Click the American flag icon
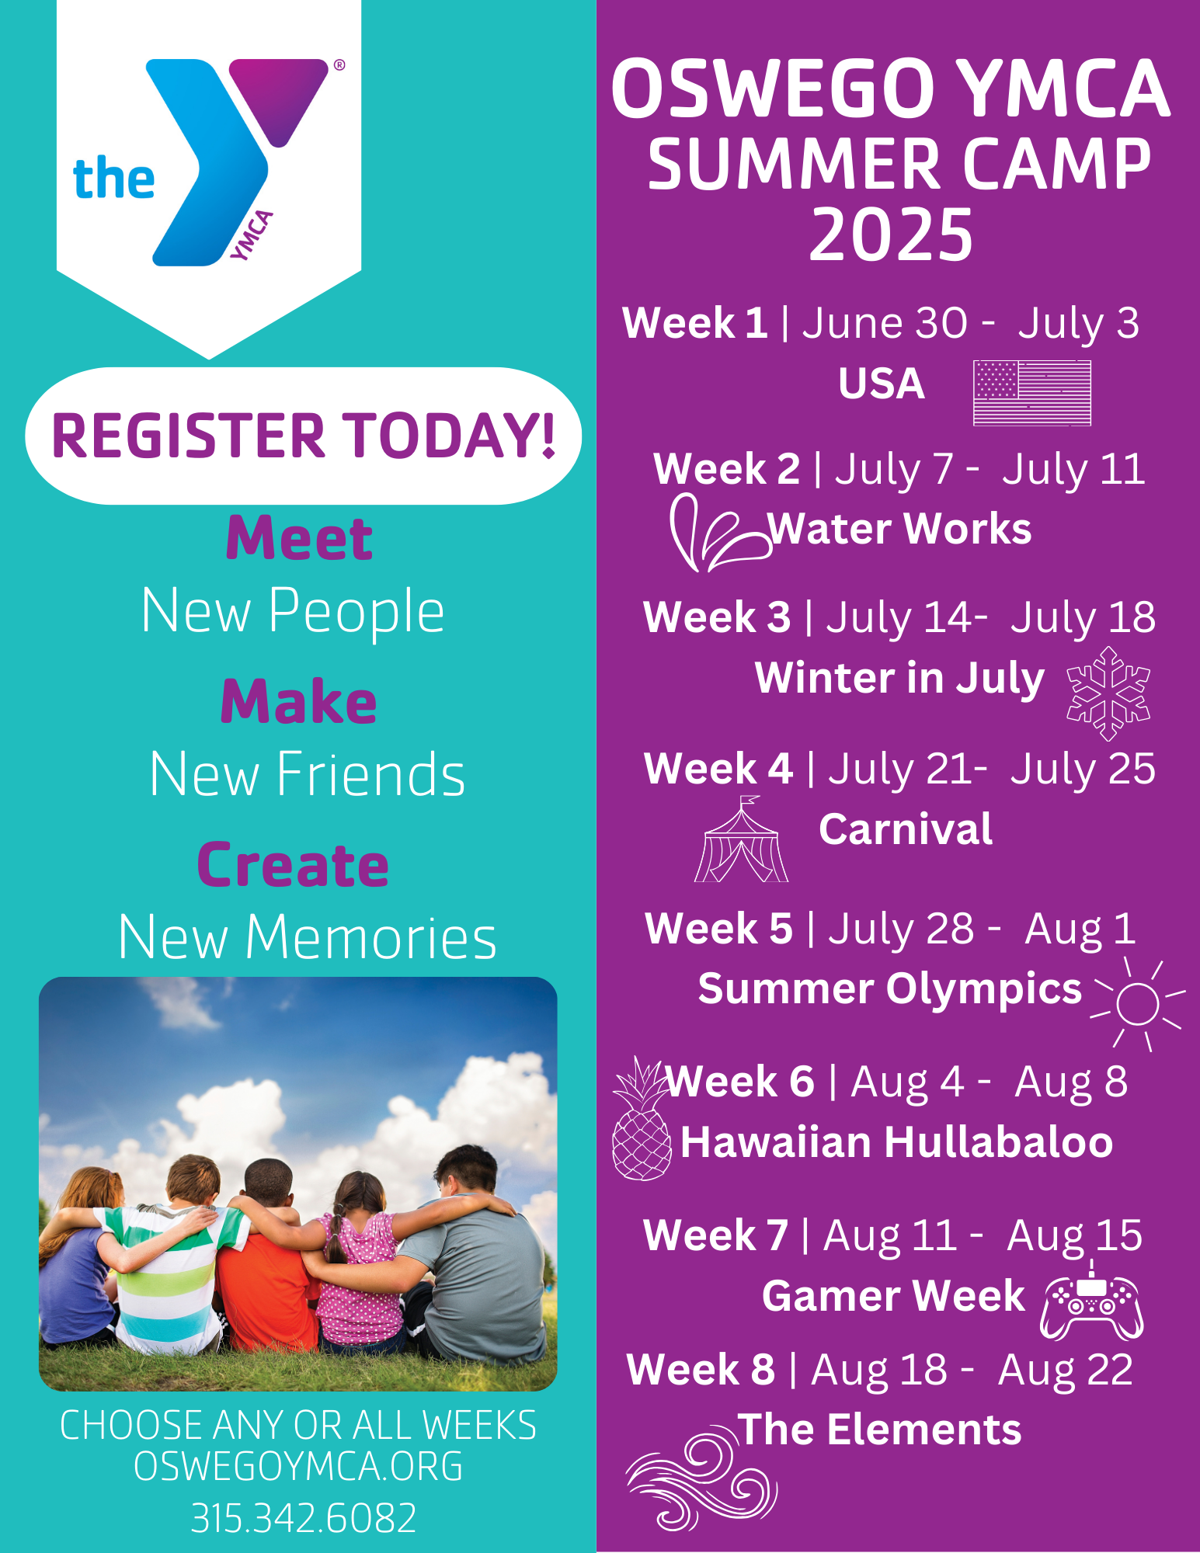[1031, 393]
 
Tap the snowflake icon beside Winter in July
[1108, 693]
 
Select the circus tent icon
[741, 843]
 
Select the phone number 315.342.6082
[303, 1518]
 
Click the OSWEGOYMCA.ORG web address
[298, 1466]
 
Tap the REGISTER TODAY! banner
[303, 436]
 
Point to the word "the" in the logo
[113, 179]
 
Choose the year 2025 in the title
[891, 235]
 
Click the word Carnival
[906, 829]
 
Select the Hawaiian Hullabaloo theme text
[896, 1142]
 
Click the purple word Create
[293, 865]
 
